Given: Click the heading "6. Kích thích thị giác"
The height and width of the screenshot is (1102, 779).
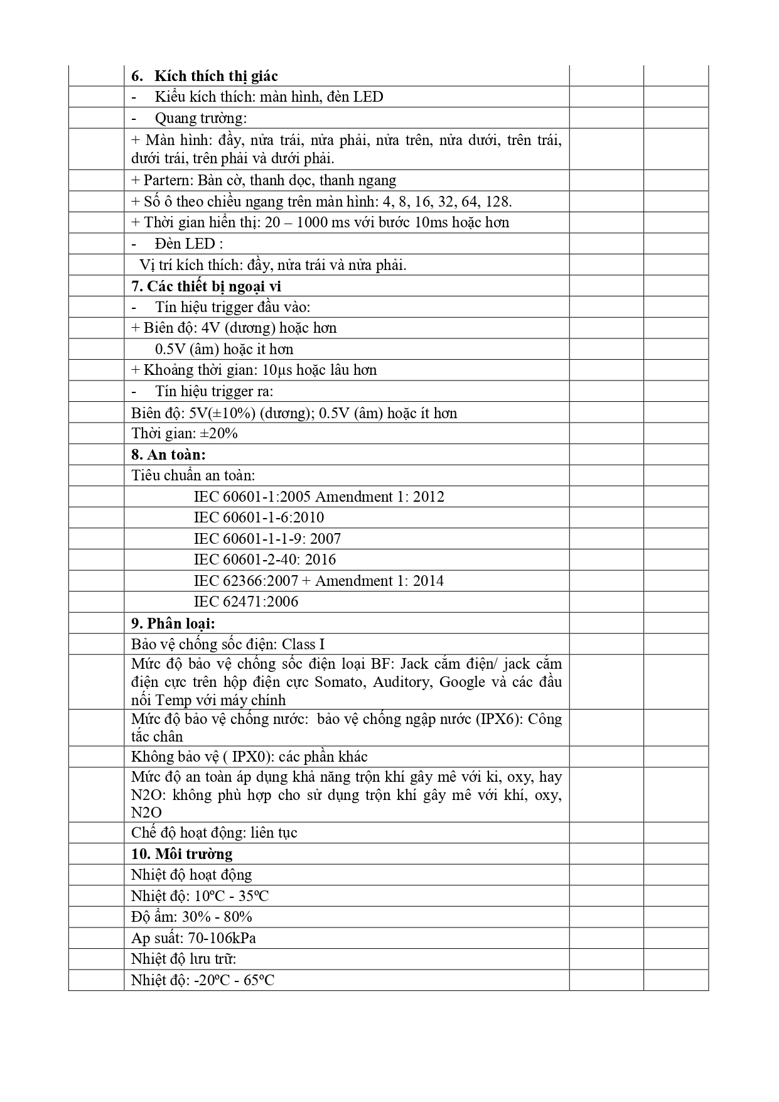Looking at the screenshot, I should pos(205,76).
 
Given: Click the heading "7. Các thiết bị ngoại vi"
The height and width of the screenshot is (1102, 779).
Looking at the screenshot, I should pos(206,286).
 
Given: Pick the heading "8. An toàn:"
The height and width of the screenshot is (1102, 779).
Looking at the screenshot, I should pos(168,455).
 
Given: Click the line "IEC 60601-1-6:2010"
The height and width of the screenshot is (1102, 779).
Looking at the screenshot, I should pos(259,517).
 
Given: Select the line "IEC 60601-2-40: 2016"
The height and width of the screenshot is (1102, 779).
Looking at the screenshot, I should pos(264,559).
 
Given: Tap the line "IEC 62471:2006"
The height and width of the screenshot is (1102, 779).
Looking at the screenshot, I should pos(246,602).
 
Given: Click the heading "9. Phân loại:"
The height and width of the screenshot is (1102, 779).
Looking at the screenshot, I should pos(173,624).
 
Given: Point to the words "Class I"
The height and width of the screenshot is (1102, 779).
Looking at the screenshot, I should pos(303,644).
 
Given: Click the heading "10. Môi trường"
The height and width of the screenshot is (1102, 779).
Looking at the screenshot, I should pos(181,854).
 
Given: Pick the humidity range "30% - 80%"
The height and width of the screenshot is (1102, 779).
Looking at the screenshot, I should pos(219,917).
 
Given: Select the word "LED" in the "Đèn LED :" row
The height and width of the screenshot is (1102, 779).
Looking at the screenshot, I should pos(200,244).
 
